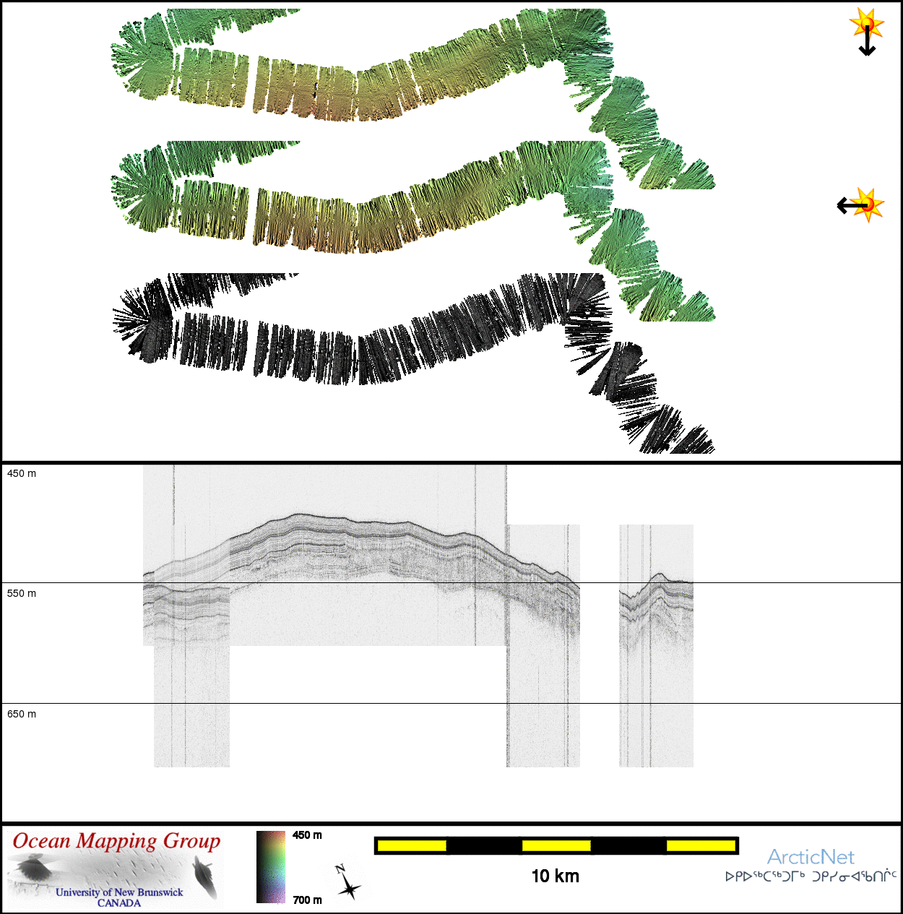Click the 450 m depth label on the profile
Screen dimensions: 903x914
click(22, 473)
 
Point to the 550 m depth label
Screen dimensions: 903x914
click(22, 593)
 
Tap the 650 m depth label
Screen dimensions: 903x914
click(22, 714)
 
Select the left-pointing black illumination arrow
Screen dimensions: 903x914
click(852, 205)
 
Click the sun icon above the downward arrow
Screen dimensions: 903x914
click(867, 22)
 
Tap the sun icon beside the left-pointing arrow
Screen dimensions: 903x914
click(868, 205)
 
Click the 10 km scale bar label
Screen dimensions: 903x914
click(556, 876)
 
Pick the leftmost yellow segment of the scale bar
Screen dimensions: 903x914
click(412, 845)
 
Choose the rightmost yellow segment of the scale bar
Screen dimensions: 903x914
click(701, 845)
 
